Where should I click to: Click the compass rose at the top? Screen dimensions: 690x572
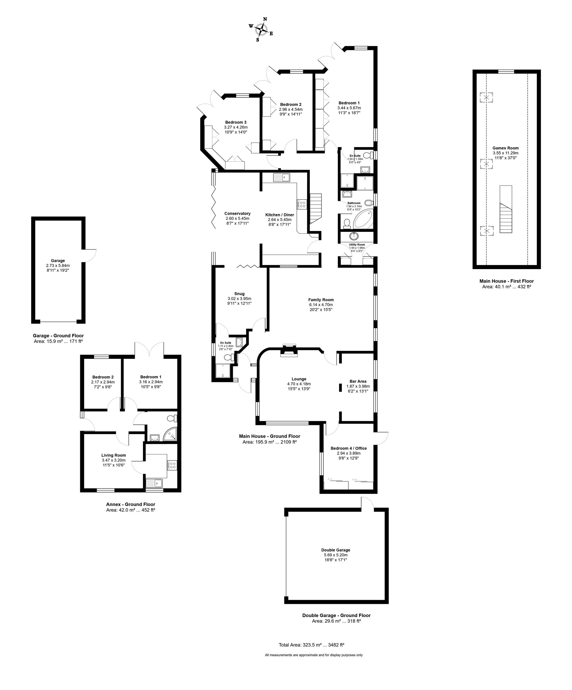(x=261, y=29)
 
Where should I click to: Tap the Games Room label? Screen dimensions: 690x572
(x=505, y=148)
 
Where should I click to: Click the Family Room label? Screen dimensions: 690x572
(x=321, y=300)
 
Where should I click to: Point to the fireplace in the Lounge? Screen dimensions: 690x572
(x=288, y=351)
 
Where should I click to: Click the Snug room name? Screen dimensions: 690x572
(x=239, y=294)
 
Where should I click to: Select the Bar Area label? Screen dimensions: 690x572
(x=358, y=381)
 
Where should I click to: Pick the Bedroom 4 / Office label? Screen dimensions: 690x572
(x=349, y=448)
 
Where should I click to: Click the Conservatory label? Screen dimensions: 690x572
(x=237, y=213)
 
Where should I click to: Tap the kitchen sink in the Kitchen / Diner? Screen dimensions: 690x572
(x=281, y=178)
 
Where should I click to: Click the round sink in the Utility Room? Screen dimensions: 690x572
(x=354, y=236)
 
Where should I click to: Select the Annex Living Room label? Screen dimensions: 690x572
(x=114, y=455)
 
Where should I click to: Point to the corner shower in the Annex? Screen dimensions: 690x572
(x=171, y=435)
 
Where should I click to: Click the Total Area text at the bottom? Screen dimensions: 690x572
(x=311, y=645)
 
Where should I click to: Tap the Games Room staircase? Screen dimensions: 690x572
(x=506, y=209)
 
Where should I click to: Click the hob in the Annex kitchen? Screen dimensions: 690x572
(x=172, y=465)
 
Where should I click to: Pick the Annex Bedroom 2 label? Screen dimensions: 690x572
(x=103, y=377)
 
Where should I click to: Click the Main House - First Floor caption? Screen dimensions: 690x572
(x=506, y=281)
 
